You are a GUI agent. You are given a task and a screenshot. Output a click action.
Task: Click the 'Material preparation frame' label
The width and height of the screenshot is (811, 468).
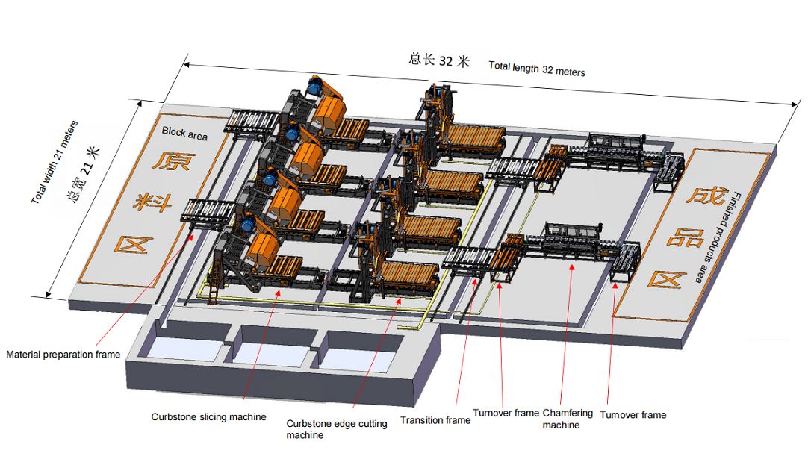63,355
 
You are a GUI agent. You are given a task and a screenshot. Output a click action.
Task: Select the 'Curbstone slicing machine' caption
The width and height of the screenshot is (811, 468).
208,416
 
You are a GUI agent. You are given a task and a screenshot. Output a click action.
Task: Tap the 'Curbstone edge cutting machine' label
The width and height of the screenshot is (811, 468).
336,429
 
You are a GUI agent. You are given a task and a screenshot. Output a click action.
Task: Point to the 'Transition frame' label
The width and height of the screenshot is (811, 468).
435,420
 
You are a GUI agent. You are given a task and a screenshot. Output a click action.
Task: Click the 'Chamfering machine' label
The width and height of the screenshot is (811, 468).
568,419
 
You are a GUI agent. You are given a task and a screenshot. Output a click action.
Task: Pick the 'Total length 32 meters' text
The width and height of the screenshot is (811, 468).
537,69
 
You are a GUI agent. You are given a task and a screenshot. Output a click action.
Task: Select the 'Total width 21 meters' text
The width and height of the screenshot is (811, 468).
55,162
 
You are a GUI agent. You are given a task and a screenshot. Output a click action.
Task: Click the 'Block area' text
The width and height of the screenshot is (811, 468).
184,133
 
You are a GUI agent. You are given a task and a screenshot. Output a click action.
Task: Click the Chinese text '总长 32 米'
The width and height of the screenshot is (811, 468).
439,60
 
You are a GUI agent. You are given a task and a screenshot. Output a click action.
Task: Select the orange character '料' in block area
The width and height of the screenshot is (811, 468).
152,202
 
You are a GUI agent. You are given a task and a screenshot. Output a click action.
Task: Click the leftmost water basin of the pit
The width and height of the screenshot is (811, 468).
183,349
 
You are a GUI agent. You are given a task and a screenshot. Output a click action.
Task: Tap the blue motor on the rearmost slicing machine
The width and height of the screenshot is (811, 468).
314,86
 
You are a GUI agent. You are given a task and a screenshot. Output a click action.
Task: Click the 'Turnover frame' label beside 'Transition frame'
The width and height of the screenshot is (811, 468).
506,413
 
